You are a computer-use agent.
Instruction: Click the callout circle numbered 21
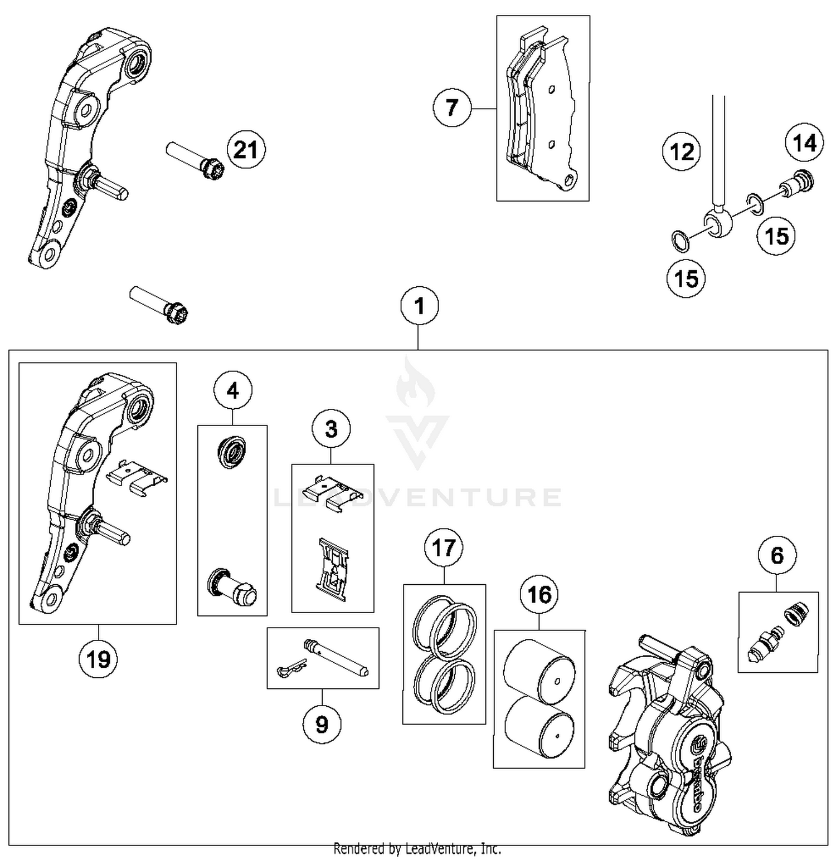(246, 150)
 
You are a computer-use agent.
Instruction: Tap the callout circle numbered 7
(452, 107)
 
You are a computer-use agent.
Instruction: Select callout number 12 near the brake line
(682, 151)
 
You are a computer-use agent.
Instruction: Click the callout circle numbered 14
(804, 143)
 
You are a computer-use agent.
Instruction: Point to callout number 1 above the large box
(420, 306)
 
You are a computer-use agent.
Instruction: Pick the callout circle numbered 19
(98, 659)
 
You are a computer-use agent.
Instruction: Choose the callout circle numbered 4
(232, 391)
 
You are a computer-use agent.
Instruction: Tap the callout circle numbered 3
(331, 429)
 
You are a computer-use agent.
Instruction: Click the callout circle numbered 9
(322, 724)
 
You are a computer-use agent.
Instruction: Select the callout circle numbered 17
(444, 547)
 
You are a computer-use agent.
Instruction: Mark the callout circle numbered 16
(539, 594)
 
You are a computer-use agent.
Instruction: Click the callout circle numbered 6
(777, 555)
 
